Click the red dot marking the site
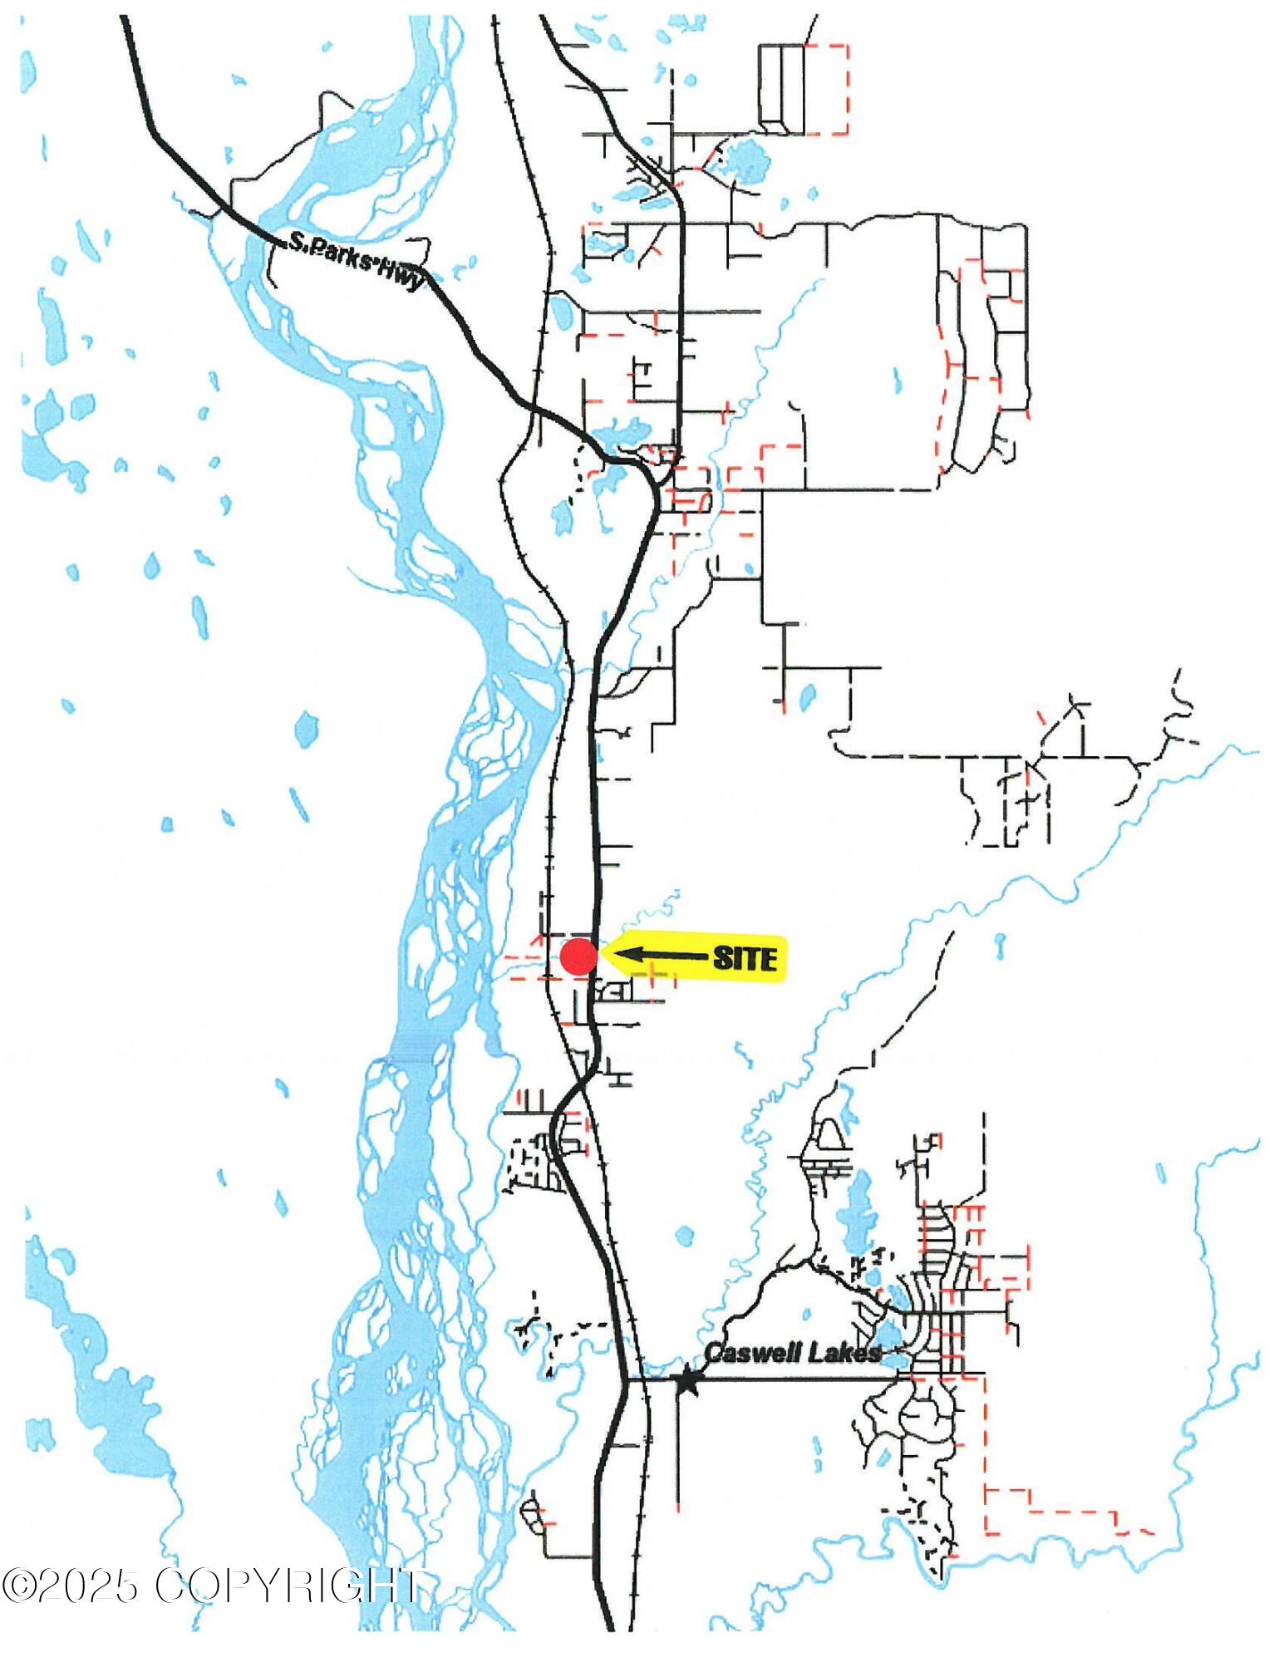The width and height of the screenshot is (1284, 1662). [x=578, y=956]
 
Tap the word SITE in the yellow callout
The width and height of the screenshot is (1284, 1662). [x=745, y=959]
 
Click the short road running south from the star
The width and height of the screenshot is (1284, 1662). [x=679, y=1446]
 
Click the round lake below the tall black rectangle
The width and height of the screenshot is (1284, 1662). [x=745, y=155]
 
